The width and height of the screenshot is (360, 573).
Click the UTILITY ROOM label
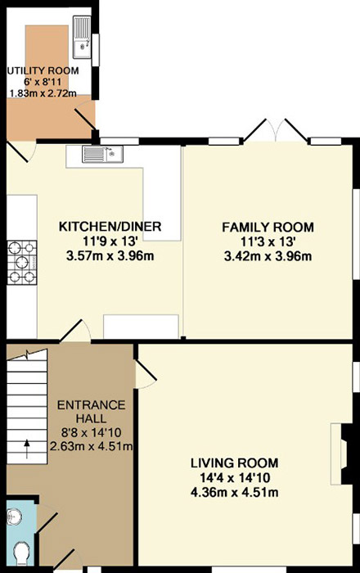click(43, 70)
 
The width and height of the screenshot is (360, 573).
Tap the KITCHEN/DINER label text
click(110, 226)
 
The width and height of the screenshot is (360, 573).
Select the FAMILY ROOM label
click(268, 227)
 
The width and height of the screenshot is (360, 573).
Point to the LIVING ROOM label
click(234, 463)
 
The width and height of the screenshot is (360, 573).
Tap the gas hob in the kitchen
click(22, 263)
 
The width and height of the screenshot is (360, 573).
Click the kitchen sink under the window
click(102, 154)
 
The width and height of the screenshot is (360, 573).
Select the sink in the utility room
click(82, 37)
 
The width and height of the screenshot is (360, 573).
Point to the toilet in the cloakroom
click(22, 553)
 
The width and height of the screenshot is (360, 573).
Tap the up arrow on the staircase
click(27, 449)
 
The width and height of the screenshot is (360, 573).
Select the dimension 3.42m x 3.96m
click(268, 256)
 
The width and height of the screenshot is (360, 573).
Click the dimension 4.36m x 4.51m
click(234, 492)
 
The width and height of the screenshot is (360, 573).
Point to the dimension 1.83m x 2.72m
click(43, 93)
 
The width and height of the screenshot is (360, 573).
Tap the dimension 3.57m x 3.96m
click(110, 255)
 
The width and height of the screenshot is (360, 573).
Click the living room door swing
click(146, 374)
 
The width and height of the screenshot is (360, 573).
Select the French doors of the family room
click(276, 130)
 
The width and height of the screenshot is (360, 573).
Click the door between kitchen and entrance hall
click(75, 331)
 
